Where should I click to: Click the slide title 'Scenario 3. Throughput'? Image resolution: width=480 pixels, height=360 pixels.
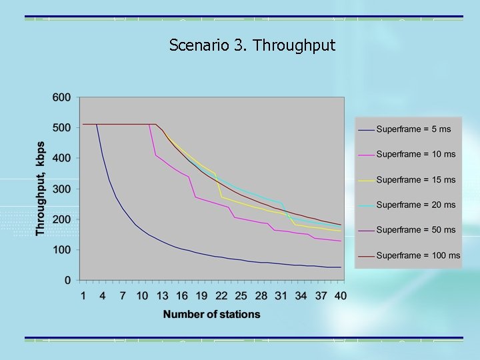pyautogui.click(x=252, y=45)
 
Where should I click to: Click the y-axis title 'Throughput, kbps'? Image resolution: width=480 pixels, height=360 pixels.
pyautogui.click(x=41, y=188)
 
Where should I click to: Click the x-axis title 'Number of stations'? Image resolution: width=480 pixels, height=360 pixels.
pyautogui.click(x=211, y=314)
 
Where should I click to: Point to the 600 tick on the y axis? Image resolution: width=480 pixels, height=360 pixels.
pyautogui.click(x=61, y=97)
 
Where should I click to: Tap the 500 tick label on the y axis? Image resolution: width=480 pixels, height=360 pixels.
pyautogui.click(x=61, y=128)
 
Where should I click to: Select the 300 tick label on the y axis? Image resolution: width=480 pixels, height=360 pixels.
pyautogui.click(x=61, y=189)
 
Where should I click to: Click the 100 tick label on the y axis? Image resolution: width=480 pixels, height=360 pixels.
pyautogui.click(x=61, y=250)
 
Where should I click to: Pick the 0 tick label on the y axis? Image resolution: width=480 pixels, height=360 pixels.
pyautogui.click(x=67, y=281)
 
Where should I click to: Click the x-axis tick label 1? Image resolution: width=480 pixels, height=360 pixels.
pyautogui.click(x=83, y=295)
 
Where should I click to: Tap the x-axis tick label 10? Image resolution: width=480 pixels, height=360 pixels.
pyautogui.click(x=142, y=295)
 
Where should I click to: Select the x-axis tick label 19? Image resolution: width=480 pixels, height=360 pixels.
pyautogui.click(x=201, y=295)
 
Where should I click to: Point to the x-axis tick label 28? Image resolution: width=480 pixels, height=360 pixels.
pyautogui.click(x=261, y=295)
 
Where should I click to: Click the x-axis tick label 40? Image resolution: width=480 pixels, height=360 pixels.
pyautogui.click(x=340, y=295)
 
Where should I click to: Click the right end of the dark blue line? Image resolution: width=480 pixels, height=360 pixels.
pyautogui.click(x=341, y=267)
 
